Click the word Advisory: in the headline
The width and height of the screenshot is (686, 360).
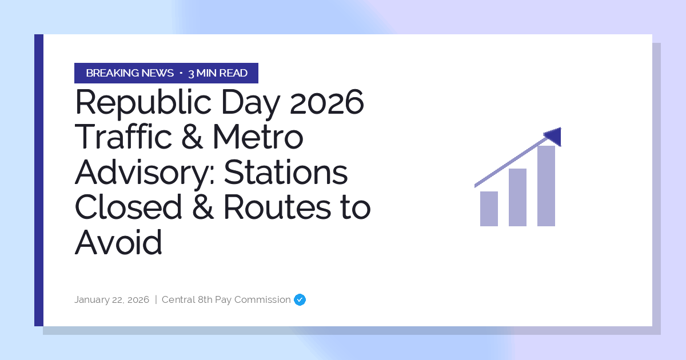click(x=143, y=173)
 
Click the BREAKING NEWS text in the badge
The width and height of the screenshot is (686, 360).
click(x=130, y=73)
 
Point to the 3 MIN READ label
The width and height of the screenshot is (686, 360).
click(x=218, y=73)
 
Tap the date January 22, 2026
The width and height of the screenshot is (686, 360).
click(x=111, y=299)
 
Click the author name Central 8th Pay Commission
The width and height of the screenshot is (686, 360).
click(x=226, y=299)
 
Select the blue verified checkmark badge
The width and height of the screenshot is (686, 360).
click(x=300, y=299)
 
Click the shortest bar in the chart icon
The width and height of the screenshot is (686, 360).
click(x=489, y=209)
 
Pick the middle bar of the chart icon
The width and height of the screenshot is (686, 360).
click(x=517, y=197)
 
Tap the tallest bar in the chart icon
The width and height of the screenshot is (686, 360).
click(x=546, y=186)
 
